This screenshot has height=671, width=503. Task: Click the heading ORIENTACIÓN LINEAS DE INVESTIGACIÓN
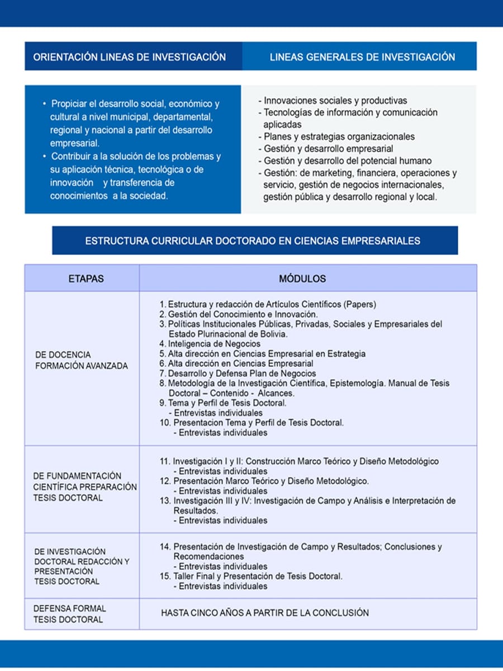pyautogui.click(x=130, y=57)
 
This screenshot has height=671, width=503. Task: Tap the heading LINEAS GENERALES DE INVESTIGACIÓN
pyautogui.click(x=362, y=57)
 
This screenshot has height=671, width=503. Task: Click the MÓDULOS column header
pyautogui.click(x=302, y=278)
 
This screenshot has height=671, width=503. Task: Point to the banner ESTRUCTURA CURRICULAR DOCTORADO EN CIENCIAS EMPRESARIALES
pyautogui.click(x=253, y=241)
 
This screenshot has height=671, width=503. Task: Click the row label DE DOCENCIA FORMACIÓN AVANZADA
pyautogui.click(x=82, y=361)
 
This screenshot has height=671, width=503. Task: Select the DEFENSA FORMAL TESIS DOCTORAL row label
pyautogui.click(x=69, y=614)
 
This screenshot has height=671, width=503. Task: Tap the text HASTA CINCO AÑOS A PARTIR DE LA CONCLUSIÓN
pyautogui.click(x=265, y=613)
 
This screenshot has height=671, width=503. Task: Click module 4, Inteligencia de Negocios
pyautogui.click(x=210, y=344)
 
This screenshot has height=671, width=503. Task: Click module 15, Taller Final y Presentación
pyautogui.click(x=257, y=577)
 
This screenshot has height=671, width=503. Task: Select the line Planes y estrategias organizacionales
pyautogui.click(x=337, y=136)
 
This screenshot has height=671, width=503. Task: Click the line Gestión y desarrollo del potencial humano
pyautogui.click(x=345, y=161)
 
